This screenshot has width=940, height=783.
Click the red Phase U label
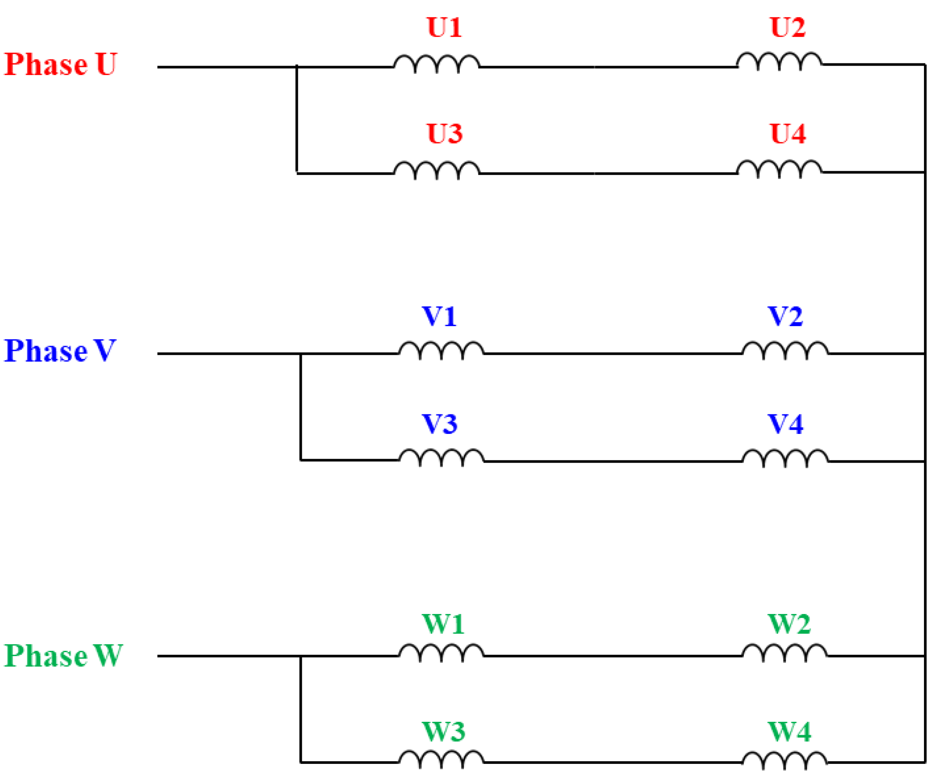pos(60,64)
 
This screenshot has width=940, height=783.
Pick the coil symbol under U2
pos(779,61)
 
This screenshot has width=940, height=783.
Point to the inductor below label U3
pos(436,170)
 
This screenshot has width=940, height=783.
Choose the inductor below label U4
pos(779,169)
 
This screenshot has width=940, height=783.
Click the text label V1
pos(439,317)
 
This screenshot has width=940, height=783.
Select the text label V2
pos(785,317)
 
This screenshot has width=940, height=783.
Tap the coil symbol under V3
pos(441,457)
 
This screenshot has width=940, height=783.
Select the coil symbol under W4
pos(785,760)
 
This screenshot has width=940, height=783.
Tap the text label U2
pos(788,28)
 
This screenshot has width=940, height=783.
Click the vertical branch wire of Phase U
pos(296,119)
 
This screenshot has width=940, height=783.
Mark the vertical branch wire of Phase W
pos(300,709)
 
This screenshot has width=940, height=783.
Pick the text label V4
pos(785,424)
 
